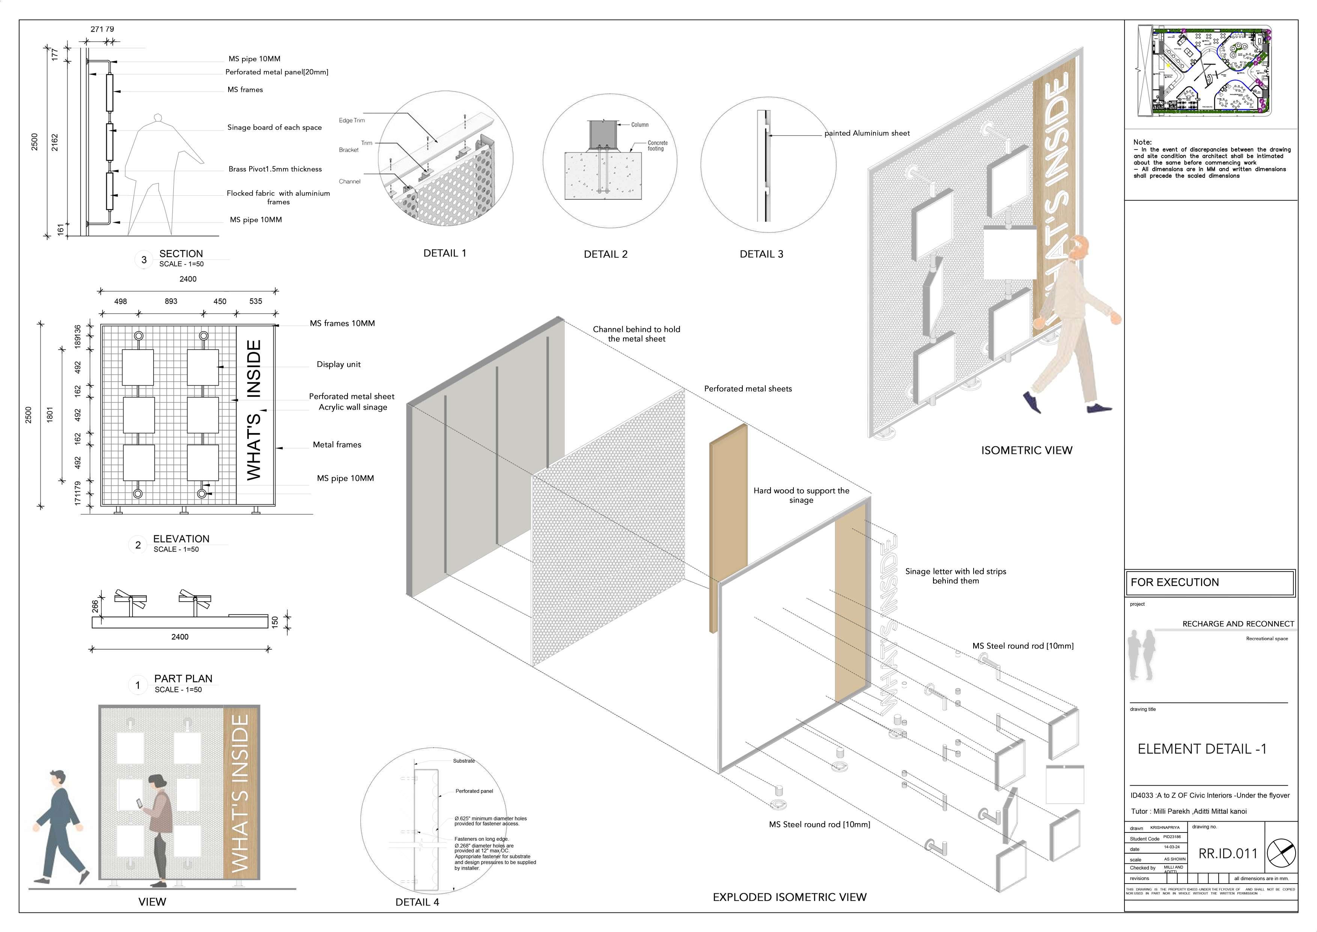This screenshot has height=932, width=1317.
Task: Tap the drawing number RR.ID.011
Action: (x=1228, y=854)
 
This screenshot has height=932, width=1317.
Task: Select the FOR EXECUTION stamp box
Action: (x=1209, y=582)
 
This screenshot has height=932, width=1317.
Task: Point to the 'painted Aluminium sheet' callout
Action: (x=867, y=133)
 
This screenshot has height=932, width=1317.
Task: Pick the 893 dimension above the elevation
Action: (x=171, y=301)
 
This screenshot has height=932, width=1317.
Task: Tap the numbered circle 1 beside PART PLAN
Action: (x=138, y=685)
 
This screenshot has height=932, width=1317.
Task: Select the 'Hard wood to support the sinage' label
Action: (x=801, y=495)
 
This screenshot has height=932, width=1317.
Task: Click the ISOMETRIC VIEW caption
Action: (x=1026, y=451)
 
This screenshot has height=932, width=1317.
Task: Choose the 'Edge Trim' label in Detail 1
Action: (x=352, y=121)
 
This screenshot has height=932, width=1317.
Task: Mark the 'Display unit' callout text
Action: (x=339, y=364)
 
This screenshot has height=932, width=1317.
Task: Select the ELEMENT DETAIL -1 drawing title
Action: (x=1202, y=749)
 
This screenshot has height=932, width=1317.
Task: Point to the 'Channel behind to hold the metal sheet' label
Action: (x=636, y=334)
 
